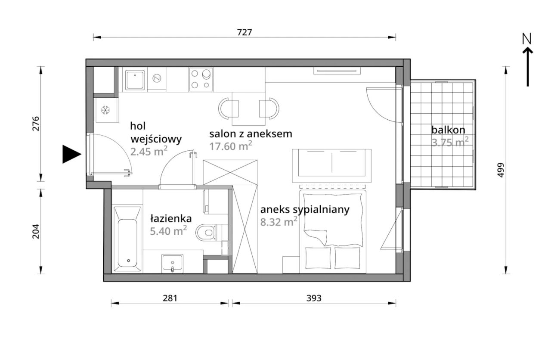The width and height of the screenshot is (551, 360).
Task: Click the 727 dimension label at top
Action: pyautogui.click(x=245, y=32)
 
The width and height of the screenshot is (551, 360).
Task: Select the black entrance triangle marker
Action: pyautogui.click(x=71, y=154)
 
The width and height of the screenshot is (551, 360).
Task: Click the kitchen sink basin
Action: pyautogui.click(x=135, y=80)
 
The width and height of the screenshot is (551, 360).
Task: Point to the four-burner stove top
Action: pyautogui.click(x=201, y=80)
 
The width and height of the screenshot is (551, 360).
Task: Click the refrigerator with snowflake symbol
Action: pyautogui.click(x=106, y=110)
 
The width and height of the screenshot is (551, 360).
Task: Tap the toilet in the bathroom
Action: pyautogui.click(x=207, y=232)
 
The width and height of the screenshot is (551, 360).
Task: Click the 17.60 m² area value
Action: pyautogui.click(x=231, y=146)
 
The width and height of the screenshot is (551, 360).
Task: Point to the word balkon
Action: pyautogui.click(x=448, y=130)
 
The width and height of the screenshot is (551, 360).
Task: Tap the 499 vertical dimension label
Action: pyautogui.click(x=500, y=170)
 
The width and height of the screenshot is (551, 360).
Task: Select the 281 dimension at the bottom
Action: pyautogui.click(x=170, y=298)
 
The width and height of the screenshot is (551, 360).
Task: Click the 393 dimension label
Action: pyautogui.click(x=314, y=298)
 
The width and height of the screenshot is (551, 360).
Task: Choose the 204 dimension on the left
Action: pyautogui.click(x=36, y=231)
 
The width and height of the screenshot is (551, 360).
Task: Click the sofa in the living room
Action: pyautogui.click(x=331, y=166)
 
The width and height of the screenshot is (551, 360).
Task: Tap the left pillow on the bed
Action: pyautogui.click(x=318, y=258)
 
